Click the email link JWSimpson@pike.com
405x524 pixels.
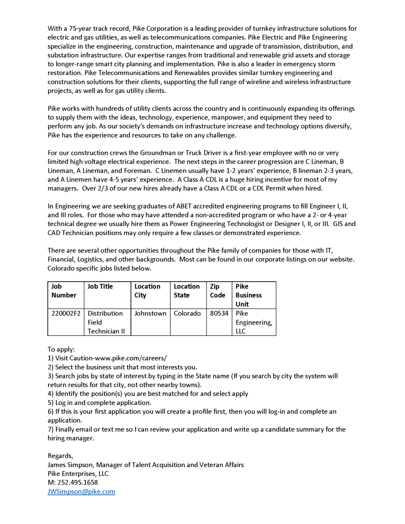(x=81, y=491)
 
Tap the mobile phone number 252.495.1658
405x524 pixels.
(x=78, y=482)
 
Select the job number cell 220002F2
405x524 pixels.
(x=66, y=313)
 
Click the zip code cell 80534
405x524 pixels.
(x=219, y=313)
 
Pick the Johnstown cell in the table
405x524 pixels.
(x=150, y=313)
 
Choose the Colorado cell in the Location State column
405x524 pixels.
(x=187, y=313)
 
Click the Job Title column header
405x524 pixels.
(x=100, y=286)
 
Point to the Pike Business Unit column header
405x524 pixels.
(x=248, y=295)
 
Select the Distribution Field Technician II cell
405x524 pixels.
(x=106, y=322)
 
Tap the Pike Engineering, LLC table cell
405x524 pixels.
(x=253, y=322)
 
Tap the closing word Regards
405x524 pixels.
(x=60, y=456)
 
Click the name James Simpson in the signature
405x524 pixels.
(x=70, y=465)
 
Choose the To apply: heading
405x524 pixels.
(x=61, y=349)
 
